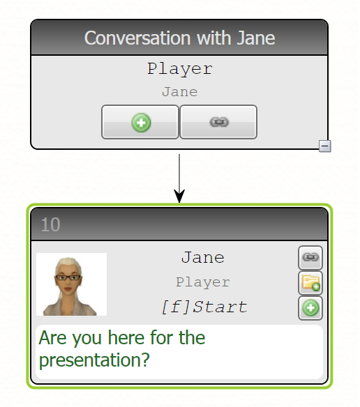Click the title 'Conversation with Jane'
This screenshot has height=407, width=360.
(179, 38)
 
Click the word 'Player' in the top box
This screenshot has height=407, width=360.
(180, 69)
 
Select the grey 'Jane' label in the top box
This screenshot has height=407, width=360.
(179, 92)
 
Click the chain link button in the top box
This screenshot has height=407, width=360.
(218, 122)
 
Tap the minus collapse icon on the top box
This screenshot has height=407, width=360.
(325, 146)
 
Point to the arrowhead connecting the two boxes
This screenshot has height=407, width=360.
(179, 196)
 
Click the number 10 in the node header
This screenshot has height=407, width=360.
(51, 224)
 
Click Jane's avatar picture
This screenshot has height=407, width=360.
(71, 284)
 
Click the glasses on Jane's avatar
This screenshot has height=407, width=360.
(68, 277)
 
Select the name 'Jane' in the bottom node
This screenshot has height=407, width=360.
(203, 257)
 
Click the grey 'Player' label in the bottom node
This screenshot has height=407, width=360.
(203, 282)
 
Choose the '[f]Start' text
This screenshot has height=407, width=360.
(204, 307)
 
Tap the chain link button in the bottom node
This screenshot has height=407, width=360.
(310, 257)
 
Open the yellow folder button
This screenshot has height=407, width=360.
(310, 283)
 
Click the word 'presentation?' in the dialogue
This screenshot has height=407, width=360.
(94, 360)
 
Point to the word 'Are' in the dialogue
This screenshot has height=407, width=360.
(53, 338)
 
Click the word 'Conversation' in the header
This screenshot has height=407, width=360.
(137, 38)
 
